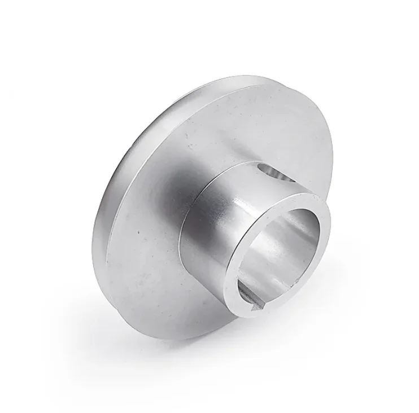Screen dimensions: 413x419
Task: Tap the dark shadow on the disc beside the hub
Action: [169, 197]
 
